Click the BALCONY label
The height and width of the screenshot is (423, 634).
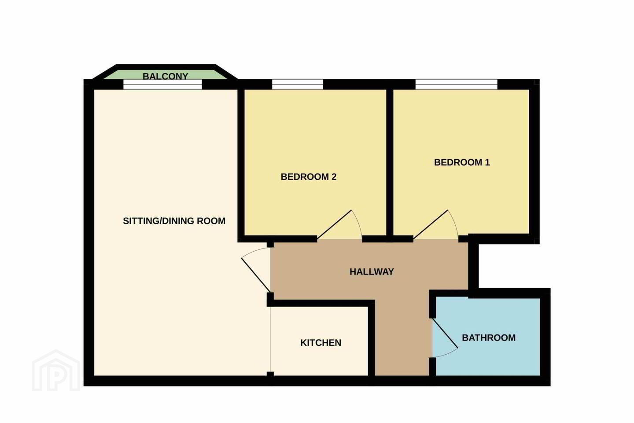[165, 76]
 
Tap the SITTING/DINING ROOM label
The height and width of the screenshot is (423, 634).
[174, 221]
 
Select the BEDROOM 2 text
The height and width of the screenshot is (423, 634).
[309, 177]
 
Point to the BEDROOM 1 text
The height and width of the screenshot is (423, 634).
[461, 162]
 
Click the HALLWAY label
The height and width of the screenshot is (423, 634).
[372, 272]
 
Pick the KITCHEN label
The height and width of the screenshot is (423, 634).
[321, 343]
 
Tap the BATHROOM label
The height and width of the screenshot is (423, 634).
[489, 338]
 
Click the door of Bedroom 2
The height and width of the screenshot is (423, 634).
[334, 224]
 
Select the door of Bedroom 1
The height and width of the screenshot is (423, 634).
[431, 224]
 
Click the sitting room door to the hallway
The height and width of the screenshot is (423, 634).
[256, 275]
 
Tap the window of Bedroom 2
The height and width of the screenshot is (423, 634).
[298, 85]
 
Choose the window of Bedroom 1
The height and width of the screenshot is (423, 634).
[456, 85]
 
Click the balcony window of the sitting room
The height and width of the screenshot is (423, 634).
[163, 85]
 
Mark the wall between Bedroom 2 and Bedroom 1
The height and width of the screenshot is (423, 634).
[390, 162]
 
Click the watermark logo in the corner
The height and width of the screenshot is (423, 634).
[56, 371]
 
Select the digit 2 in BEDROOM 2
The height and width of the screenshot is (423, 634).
[334, 177]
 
